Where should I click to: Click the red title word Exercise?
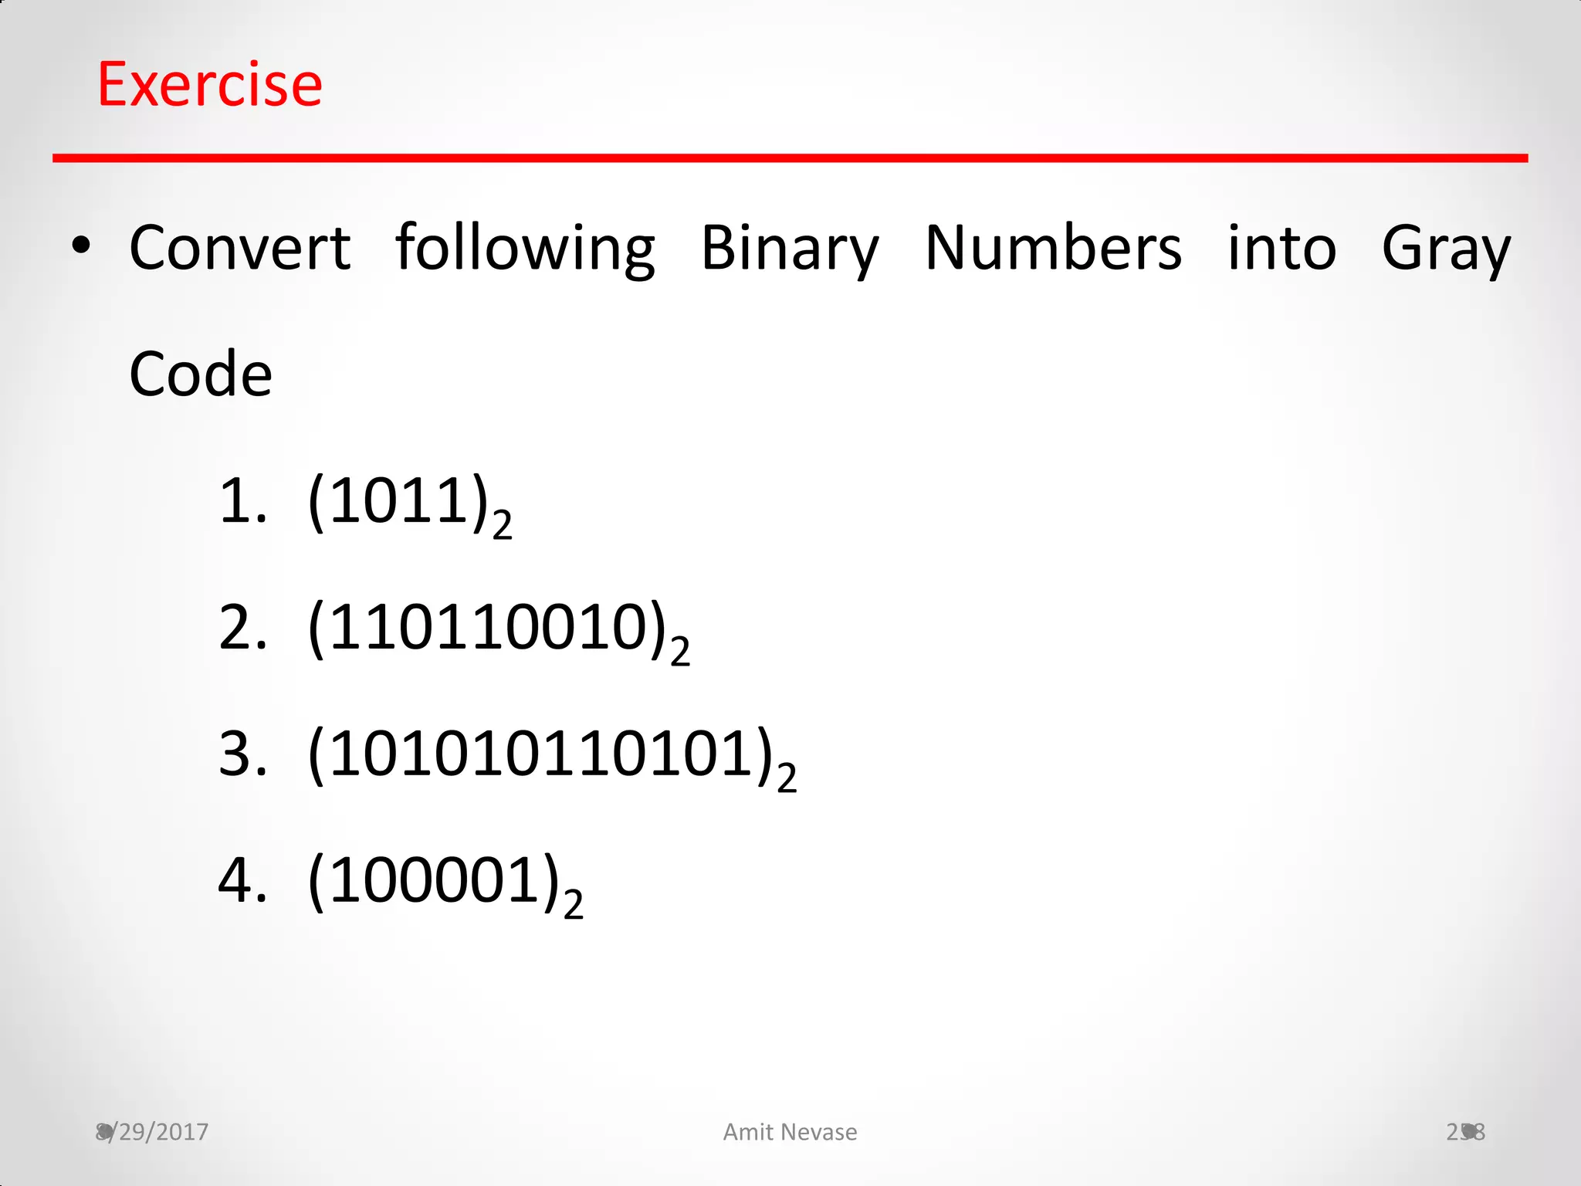point(209,84)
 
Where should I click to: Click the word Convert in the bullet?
point(239,248)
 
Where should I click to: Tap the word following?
point(525,248)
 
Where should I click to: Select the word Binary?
point(789,248)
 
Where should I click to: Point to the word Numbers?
point(1053,248)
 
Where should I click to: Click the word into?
point(1281,248)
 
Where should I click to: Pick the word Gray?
point(1445,248)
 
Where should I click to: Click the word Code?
point(201,374)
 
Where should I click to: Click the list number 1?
point(242,502)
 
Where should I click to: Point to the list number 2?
point(242,629)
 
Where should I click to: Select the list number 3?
point(242,755)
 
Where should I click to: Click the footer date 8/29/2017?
point(152,1132)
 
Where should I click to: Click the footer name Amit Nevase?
point(790,1132)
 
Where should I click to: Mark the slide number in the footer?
point(1465,1132)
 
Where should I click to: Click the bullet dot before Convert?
point(80,247)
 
